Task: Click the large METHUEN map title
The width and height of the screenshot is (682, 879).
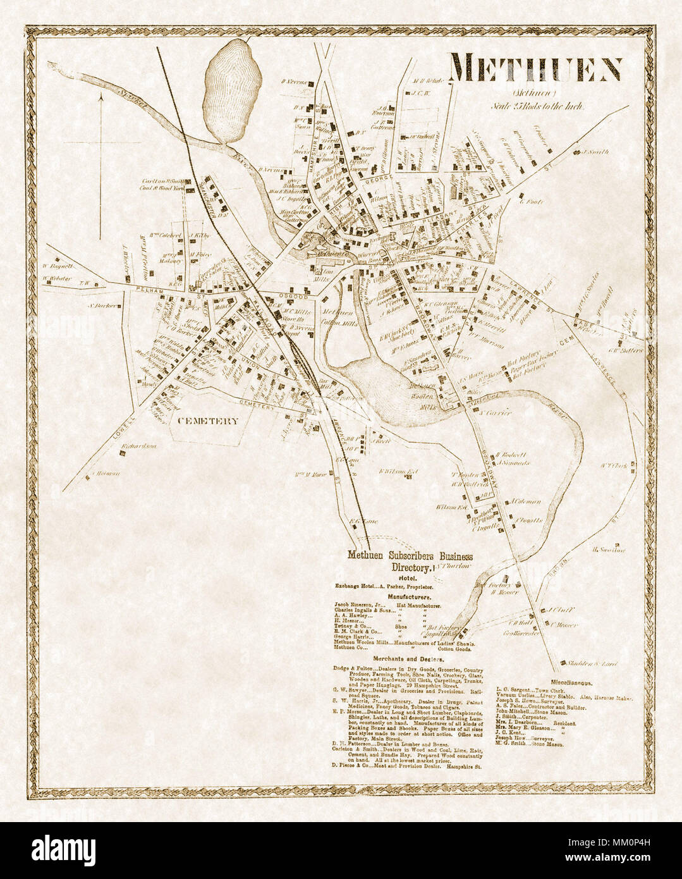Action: [535, 68]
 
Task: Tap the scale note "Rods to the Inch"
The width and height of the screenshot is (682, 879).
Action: [540, 106]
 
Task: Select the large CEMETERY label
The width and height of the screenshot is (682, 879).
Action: [207, 421]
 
